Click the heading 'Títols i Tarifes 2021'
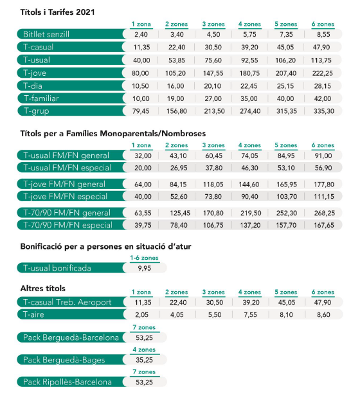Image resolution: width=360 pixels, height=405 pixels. pos(57,12)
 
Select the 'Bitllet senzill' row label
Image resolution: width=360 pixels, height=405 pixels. pos(46,34)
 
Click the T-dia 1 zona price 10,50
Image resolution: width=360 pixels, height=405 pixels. pos(140,86)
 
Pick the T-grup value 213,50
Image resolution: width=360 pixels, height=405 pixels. pos(214,111)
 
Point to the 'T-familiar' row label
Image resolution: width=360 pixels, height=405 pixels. pos(41,98)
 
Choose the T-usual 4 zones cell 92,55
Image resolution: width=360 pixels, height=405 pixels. pos(249,60)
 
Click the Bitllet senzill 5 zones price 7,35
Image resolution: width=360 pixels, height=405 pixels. pos(286,34)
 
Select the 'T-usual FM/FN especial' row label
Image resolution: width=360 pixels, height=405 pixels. pos(67,168)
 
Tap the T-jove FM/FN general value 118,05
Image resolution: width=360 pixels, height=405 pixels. pos(213,184)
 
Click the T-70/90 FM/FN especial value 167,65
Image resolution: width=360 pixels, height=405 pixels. pos(324,225)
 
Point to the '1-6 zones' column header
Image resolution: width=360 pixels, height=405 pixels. pos(144,258)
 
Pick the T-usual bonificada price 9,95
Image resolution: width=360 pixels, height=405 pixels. pos(145,268)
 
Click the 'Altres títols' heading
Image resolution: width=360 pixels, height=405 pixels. pos(43,288)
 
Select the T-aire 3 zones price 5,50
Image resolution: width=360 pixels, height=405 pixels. pos(215,315)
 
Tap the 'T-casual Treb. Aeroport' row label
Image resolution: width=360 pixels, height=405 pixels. pos(67,302)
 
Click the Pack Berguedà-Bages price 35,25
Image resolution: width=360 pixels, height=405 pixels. pos(145,360)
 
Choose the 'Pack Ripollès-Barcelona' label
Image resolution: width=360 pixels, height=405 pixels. pos(67,382)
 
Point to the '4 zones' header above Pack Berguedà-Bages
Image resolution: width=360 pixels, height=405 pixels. pos(144,350)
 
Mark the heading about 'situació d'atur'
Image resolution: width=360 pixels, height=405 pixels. pos(105,246)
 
